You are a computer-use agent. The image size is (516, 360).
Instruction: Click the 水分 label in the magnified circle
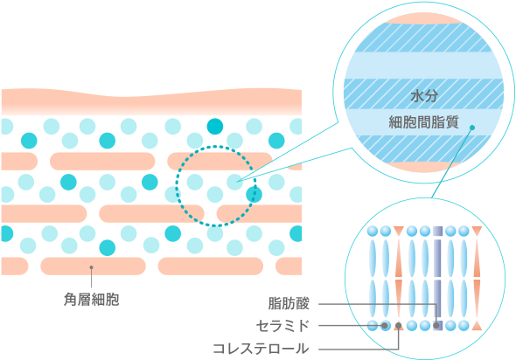coord(424,96)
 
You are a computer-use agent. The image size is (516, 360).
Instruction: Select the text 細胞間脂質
coord(424,122)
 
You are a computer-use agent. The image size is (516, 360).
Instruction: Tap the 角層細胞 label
coord(92,299)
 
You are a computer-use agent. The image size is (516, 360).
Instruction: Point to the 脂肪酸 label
coord(289,303)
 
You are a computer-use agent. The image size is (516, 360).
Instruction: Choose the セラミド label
coord(282,326)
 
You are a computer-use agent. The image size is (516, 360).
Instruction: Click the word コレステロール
coord(261,349)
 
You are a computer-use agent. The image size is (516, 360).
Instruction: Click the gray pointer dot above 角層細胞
coord(92,267)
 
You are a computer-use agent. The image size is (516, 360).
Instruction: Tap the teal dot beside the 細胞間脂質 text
coord(472,128)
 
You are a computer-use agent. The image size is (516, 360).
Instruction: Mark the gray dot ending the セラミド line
coord(384,325)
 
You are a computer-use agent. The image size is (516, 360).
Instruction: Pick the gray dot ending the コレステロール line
coord(399,325)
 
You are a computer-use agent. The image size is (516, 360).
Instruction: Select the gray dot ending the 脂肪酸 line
coord(436,325)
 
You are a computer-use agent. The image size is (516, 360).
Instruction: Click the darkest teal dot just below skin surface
coord(215,127)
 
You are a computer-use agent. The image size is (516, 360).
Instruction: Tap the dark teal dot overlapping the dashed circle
coord(254,195)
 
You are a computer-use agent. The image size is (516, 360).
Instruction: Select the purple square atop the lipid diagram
coord(437,232)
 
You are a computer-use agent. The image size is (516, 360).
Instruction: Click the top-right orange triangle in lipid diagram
coord(477,231)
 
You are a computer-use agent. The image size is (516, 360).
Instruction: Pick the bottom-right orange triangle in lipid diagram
coord(477,326)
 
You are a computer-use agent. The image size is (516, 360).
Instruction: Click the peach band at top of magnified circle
coord(424,19)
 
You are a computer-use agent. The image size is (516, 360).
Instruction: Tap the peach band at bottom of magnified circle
coord(424,166)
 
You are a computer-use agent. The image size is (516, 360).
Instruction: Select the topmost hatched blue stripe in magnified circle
coord(424,38)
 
